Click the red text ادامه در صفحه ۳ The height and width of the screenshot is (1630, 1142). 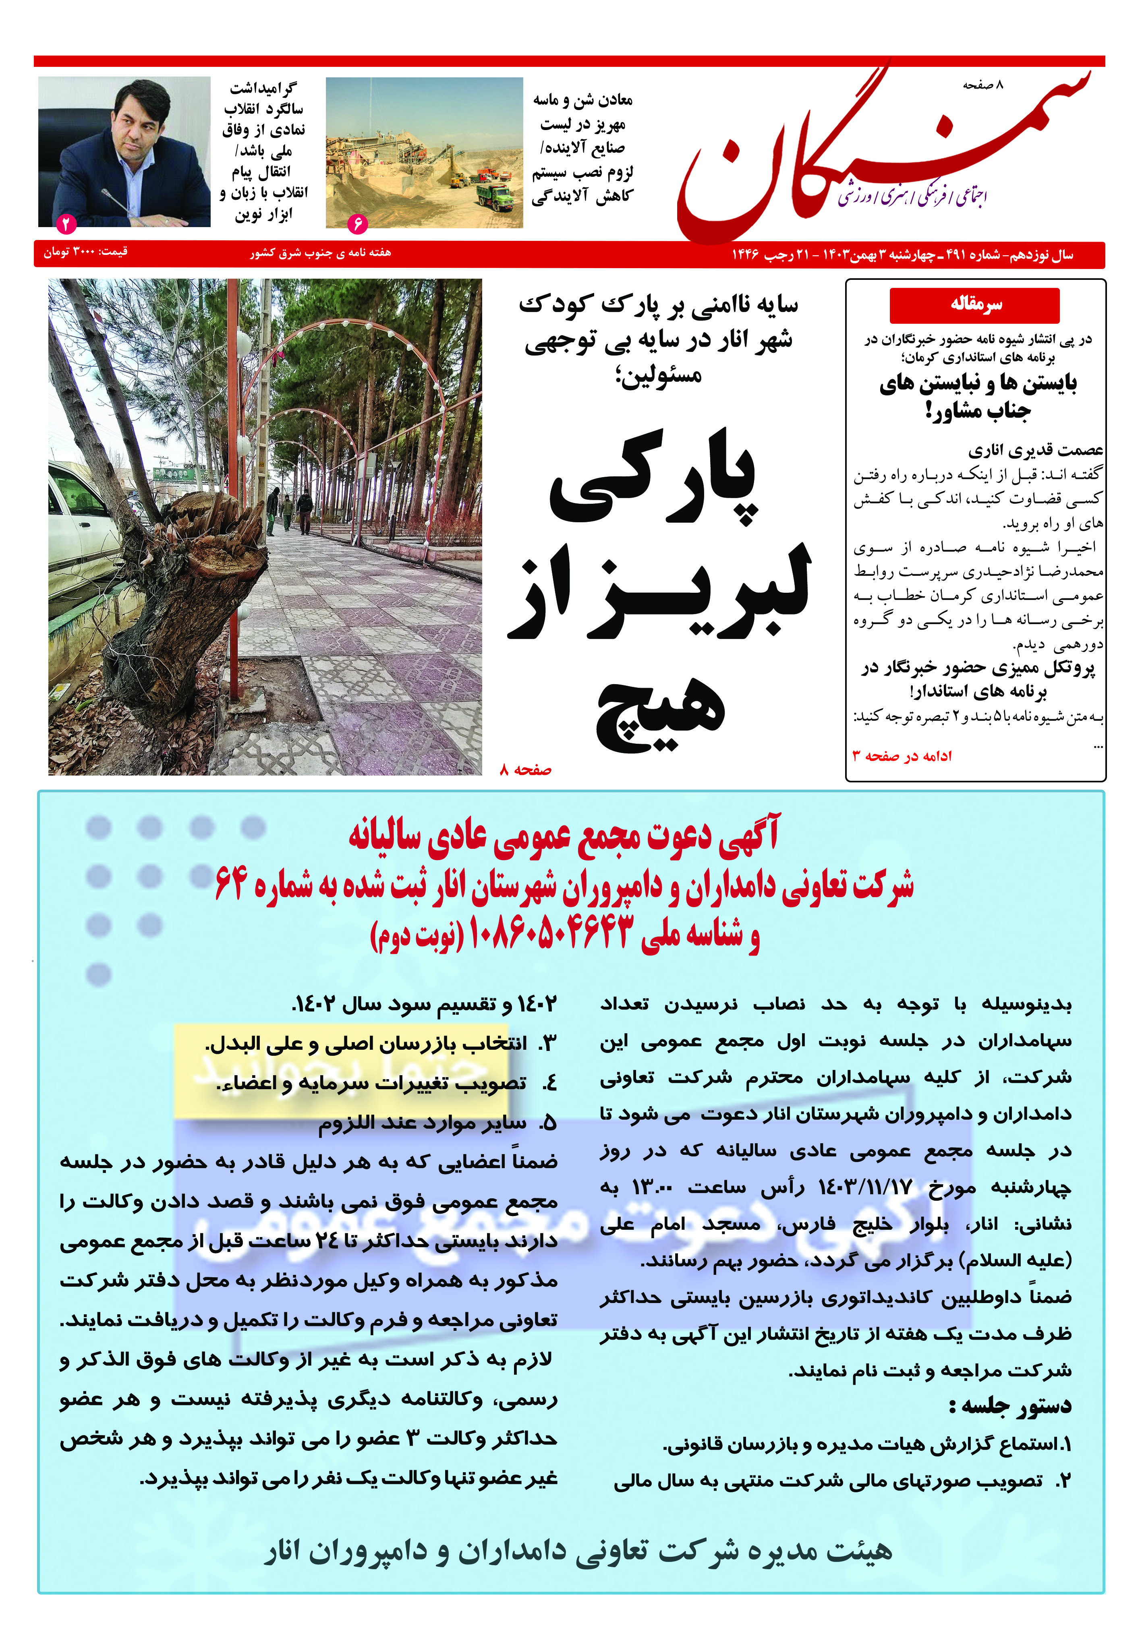902,757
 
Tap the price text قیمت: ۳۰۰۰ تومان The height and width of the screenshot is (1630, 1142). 85,252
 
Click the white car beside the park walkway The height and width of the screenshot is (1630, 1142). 85,525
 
